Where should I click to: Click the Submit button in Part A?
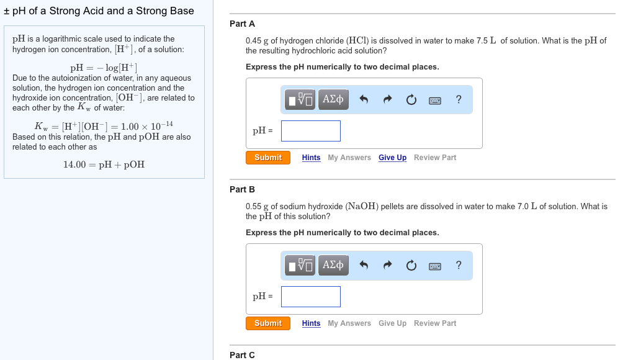click(x=268, y=158)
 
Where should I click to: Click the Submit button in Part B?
click(x=268, y=323)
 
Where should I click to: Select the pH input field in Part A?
click(x=310, y=131)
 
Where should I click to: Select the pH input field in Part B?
click(x=310, y=297)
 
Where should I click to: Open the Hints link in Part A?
click(x=311, y=158)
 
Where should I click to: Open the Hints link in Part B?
click(x=311, y=323)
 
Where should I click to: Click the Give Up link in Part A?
click(x=392, y=158)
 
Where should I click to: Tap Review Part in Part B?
click(x=434, y=323)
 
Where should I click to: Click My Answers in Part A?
click(x=349, y=158)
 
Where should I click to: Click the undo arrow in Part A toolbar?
click(x=364, y=100)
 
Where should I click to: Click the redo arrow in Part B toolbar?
click(x=388, y=266)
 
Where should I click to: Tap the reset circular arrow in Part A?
click(x=411, y=100)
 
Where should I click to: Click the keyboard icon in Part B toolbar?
click(x=435, y=266)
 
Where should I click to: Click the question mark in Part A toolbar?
click(x=458, y=99)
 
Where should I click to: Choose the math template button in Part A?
click(x=300, y=100)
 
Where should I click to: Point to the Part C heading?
click(x=242, y=355)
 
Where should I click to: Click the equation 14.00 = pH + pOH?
click(x=104, y=164)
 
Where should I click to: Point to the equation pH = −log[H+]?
click(x=104, y=68)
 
